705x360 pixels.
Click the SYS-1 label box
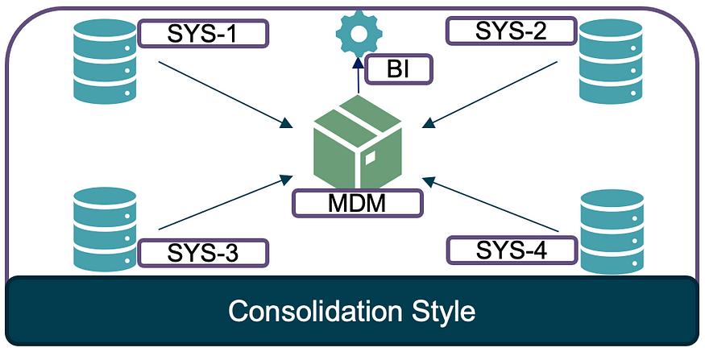coord(203,33)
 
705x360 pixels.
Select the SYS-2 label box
coord(511,31)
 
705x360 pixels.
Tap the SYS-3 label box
coord(203,253)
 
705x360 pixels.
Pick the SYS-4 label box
coord(511,250)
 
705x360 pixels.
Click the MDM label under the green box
coord(358,203)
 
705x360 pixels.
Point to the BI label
coord(398,69)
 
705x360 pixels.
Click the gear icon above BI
coord(359,34)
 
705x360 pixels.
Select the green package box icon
coord(358,142)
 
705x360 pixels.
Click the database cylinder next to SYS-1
coord(105,61)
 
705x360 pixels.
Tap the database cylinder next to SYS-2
coord(611,61)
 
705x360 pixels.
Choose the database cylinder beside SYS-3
coord(105,230)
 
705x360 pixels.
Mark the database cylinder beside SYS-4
coord(612,231)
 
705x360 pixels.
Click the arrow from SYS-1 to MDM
coord(226,95)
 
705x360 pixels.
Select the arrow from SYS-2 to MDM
coord(490,95)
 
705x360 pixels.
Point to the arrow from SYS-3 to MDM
coord(226,202)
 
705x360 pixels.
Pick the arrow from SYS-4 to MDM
coord(491,205)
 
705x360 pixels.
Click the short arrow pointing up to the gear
coord(359,75)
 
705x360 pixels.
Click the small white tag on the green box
coord(371,157)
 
